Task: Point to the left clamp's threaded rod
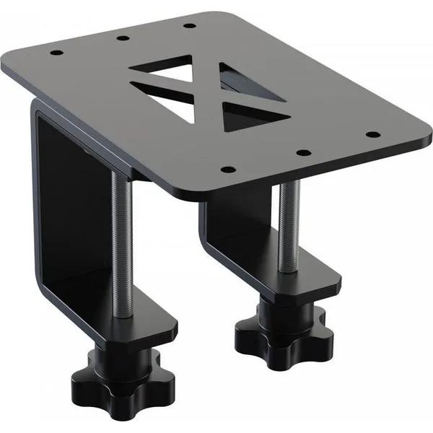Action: point(121,238)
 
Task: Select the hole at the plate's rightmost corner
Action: point(372,134)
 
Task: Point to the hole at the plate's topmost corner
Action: point(189,25)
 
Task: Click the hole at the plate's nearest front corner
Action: point(228,170)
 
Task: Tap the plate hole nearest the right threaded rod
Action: point(303,152)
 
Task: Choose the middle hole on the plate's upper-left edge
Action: point(121,38)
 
